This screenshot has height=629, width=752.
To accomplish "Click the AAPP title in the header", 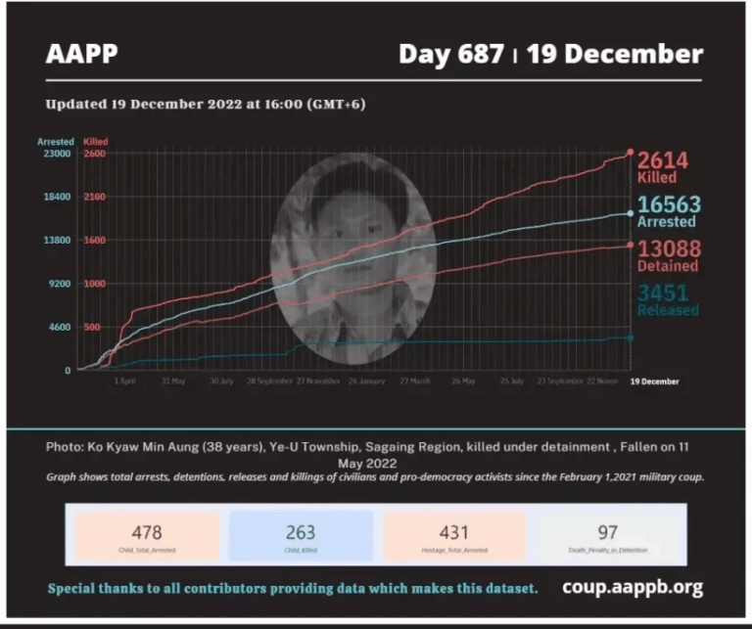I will [x=81, y=53].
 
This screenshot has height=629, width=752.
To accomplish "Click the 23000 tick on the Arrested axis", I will [x=55, y=154].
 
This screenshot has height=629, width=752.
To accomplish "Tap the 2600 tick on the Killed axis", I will [x=95, y=154].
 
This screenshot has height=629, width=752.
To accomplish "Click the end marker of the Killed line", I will [x=631, y=153].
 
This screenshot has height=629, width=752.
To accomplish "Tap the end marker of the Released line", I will [x=630, y=337].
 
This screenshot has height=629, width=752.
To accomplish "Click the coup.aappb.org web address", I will [x=633, y=588].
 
